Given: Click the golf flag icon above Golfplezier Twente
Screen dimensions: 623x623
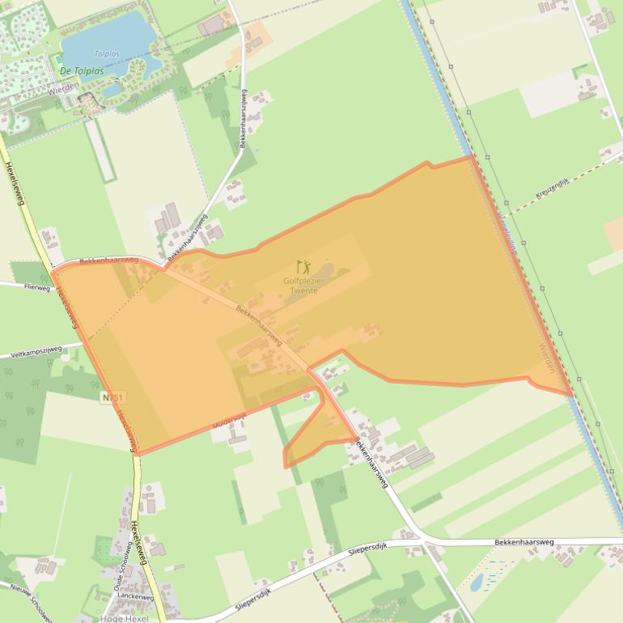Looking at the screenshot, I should click(x=303, y=266).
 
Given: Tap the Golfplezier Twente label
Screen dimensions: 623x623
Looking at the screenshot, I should click(x=303, y=285).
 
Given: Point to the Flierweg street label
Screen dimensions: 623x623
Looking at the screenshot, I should click(x=37, y=286).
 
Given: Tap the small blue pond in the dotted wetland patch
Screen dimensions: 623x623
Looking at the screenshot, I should click(x=477, y=582).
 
